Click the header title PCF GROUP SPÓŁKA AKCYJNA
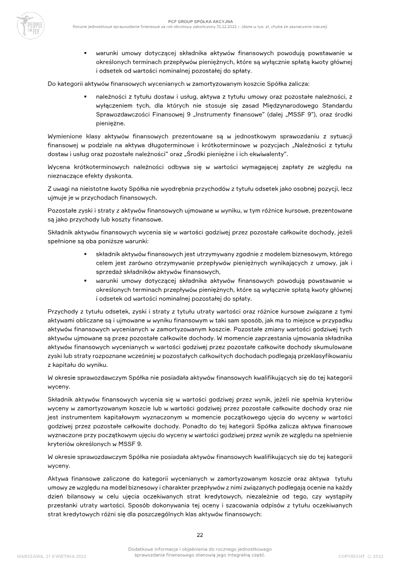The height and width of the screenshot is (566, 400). pyautogui.click(x=200, y=22)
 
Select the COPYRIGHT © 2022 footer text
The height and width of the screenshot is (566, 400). pyautogui.click(x=360, y=556)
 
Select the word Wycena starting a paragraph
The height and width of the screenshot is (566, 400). pyautogui.click(x=59, y=167)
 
